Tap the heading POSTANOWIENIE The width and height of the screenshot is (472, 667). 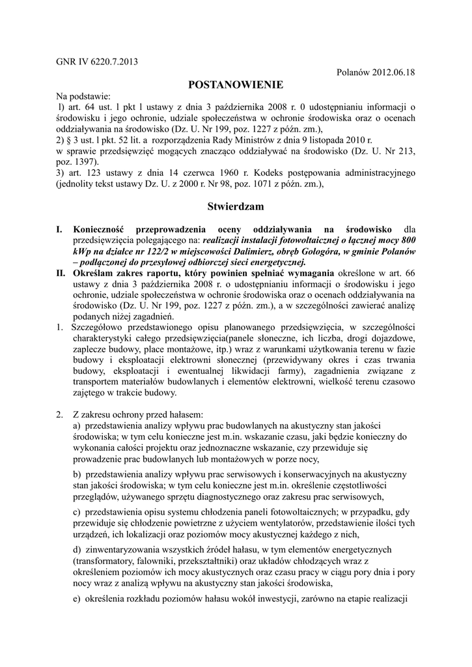point(235,85)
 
